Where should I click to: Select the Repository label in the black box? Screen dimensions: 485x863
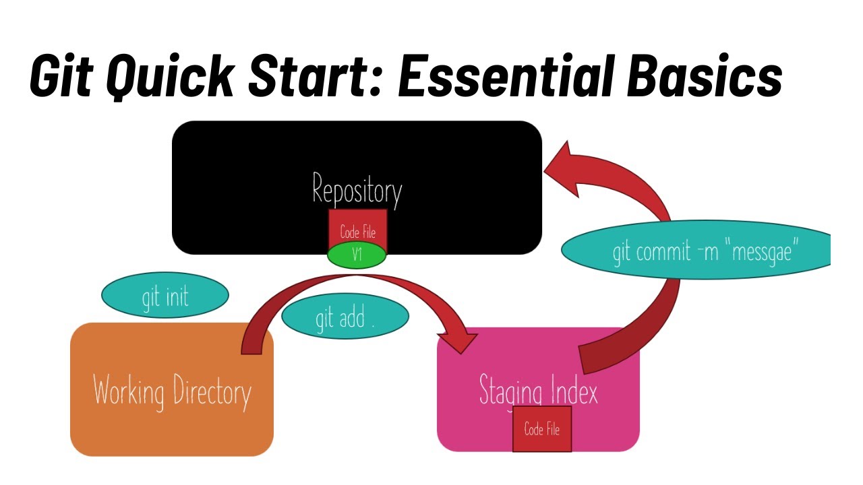click(x=357, y=189)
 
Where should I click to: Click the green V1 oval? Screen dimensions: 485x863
click(x=357, y=255)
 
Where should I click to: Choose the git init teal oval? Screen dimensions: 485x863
click(x=165, y=296)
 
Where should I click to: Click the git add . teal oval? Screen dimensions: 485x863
click(x=345, y=317)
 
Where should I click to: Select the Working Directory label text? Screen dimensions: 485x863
click(x=172, y=391)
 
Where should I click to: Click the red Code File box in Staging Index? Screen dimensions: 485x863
click(x=542, y=429)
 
